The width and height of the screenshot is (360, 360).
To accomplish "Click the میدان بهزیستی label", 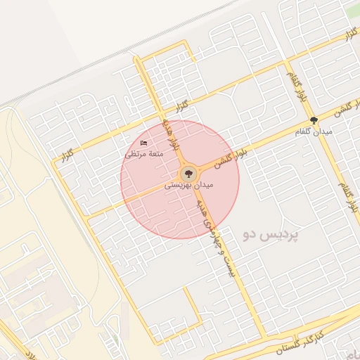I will [188, 186].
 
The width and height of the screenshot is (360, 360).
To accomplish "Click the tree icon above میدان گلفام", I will [314, 120].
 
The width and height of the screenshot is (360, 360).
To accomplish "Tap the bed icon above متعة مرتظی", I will [144, 143].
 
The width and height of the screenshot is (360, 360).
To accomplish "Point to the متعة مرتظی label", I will [144, 153].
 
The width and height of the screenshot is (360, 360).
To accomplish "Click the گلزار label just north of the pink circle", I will [183, 107].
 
